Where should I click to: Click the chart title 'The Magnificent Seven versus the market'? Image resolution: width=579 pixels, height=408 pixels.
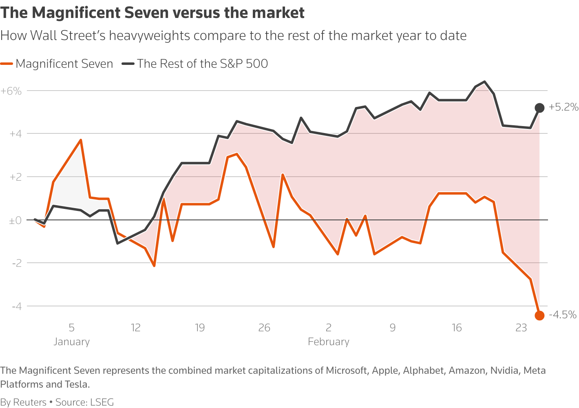[152, 13]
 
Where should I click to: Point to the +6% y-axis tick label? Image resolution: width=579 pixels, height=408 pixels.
[11, 91]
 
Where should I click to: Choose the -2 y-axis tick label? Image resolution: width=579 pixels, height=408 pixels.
[16, 263]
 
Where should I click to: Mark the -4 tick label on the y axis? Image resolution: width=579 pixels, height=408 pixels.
[16, 306]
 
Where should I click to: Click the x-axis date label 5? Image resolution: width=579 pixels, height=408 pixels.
[71, 328]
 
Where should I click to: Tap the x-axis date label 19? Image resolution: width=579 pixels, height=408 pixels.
[200, 328]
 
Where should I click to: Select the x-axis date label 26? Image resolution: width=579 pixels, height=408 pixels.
[264, 328]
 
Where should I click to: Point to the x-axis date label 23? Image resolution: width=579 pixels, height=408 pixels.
[521, 328]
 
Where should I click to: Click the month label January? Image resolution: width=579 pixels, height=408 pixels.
[71, 342]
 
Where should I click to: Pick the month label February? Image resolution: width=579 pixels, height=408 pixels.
[329, 342]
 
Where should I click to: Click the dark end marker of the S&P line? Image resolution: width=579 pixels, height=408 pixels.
[539, 108]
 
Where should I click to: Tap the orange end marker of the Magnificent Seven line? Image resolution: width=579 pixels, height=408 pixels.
[539, 315]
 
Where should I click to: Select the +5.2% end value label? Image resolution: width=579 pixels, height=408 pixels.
[564, 107]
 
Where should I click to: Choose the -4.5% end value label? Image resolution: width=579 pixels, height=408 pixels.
[563, 315]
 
